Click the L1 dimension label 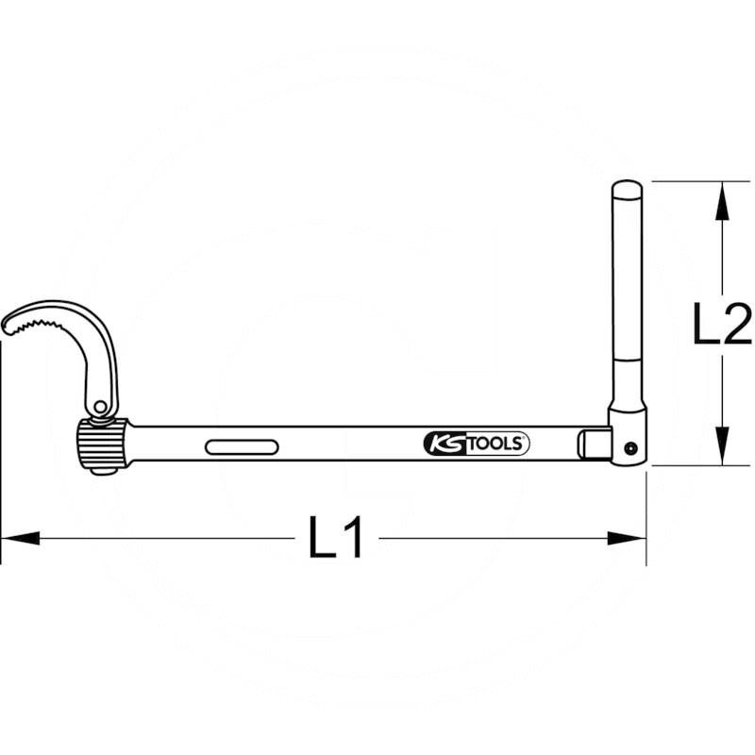[x=335, y=537]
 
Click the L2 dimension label [x=722, y=323]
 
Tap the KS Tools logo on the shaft [x=477, y=444]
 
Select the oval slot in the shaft [x=242, y=446]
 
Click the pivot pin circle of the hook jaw [x=100, y=408]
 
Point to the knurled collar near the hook [x=102, y=444]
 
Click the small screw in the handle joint [x=630, y=449]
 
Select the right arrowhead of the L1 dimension [x=627, y=538]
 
